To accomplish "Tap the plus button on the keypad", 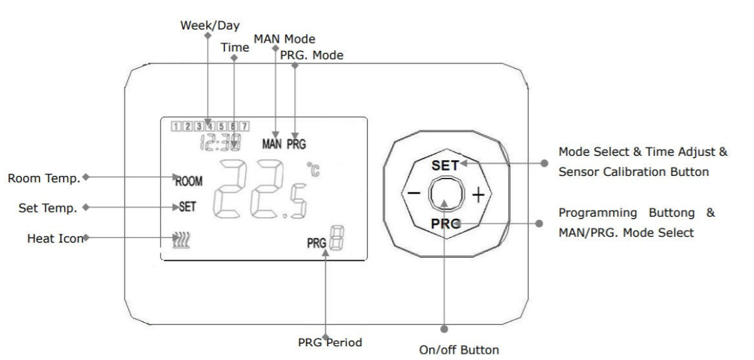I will [479, 195].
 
